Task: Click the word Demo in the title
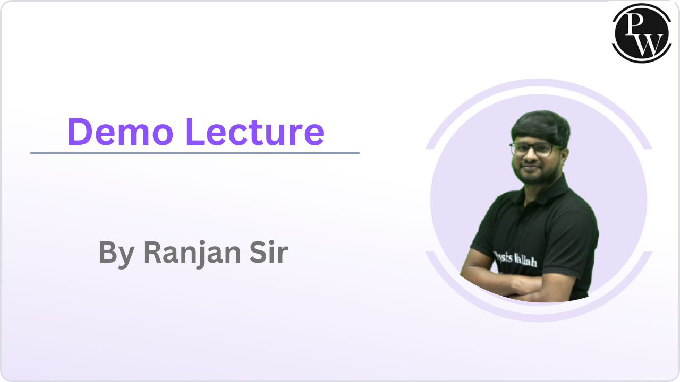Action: click(x=121, y=132)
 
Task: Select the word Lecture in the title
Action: click(x=254, y=132)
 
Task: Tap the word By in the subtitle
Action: click(x=116, y=254)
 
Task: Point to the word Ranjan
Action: click(x=192, y=254)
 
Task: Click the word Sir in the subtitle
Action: click(x=269, y=252)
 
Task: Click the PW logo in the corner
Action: click(x=642, y=33)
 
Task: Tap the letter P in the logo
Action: click(x=635, y=24)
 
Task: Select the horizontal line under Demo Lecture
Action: click(x=194, y=153)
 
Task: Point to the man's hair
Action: click(x=541, y=127)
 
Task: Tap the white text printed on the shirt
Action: click(x=516, y=259)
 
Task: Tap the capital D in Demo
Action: click(x=79, y=132)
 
